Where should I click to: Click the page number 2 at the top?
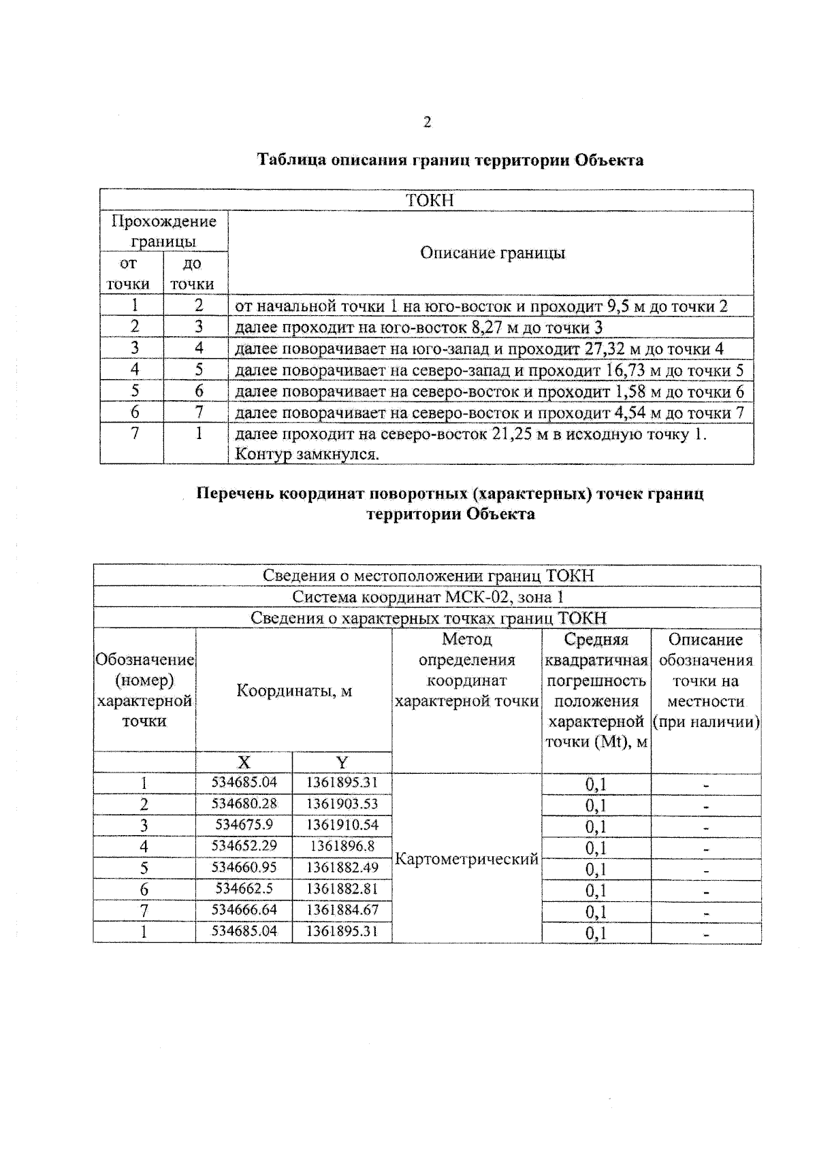(427, 123)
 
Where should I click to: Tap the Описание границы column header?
(492, 253)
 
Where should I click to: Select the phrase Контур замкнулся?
(306, 454)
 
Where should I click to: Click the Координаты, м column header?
(294, 691)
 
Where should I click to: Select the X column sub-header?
(244, 762)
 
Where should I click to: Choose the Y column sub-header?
(342, 762)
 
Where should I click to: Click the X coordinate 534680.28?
(244, 804)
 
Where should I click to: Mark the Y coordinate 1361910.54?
(342, 825)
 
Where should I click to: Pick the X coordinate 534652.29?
(244, 846)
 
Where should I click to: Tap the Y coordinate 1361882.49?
(342, 867)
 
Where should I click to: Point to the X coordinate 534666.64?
(244, 910)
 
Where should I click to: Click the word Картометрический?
(466, 859)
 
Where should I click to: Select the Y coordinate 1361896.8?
(342, 846)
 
